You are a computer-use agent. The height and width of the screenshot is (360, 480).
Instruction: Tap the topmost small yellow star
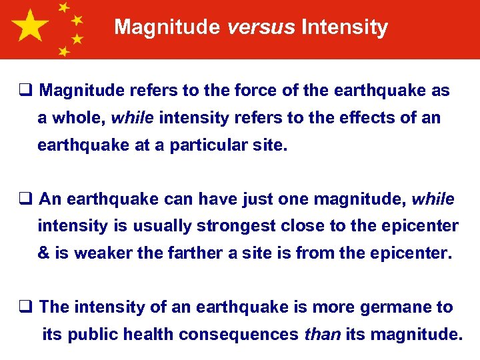[x=64, y=8]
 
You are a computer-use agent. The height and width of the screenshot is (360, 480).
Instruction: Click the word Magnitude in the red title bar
[x=167, y=27]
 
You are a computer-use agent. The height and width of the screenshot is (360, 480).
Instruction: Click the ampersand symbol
[x=44, y=253]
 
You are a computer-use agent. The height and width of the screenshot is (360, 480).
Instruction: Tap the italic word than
[x=321, y=335]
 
